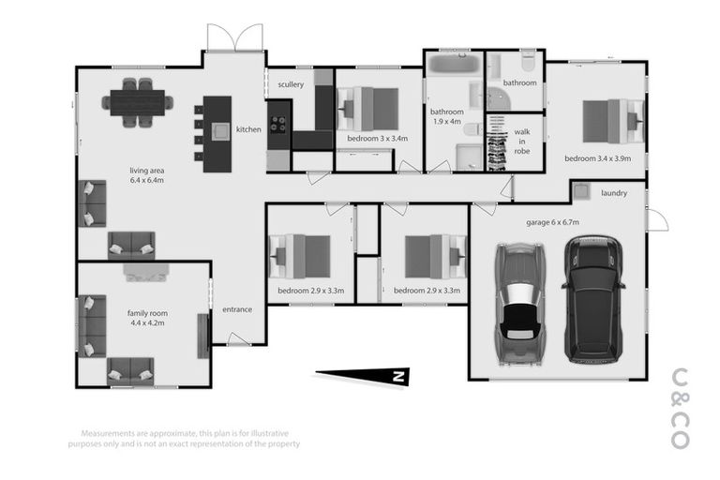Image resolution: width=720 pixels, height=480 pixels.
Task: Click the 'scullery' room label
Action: tap(291, 85)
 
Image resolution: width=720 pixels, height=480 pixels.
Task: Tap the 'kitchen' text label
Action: tap(248, 129)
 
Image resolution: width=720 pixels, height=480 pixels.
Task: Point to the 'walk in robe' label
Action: tap(522, 142)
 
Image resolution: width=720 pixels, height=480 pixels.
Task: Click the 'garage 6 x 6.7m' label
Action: tap(552, 222)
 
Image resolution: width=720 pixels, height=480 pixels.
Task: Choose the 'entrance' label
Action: tap(236, 309)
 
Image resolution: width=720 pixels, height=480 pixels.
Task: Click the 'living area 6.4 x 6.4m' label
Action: tap(147, 175)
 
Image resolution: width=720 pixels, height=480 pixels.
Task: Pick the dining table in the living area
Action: tap(138, 101)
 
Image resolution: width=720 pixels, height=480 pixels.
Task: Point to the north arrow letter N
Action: tap(397, 377)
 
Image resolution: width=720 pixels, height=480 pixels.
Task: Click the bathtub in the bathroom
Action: tap(454, 67)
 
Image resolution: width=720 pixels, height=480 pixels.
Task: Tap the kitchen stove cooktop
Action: tap(278, 121)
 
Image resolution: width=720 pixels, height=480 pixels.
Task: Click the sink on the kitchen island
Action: tap(221, 131)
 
